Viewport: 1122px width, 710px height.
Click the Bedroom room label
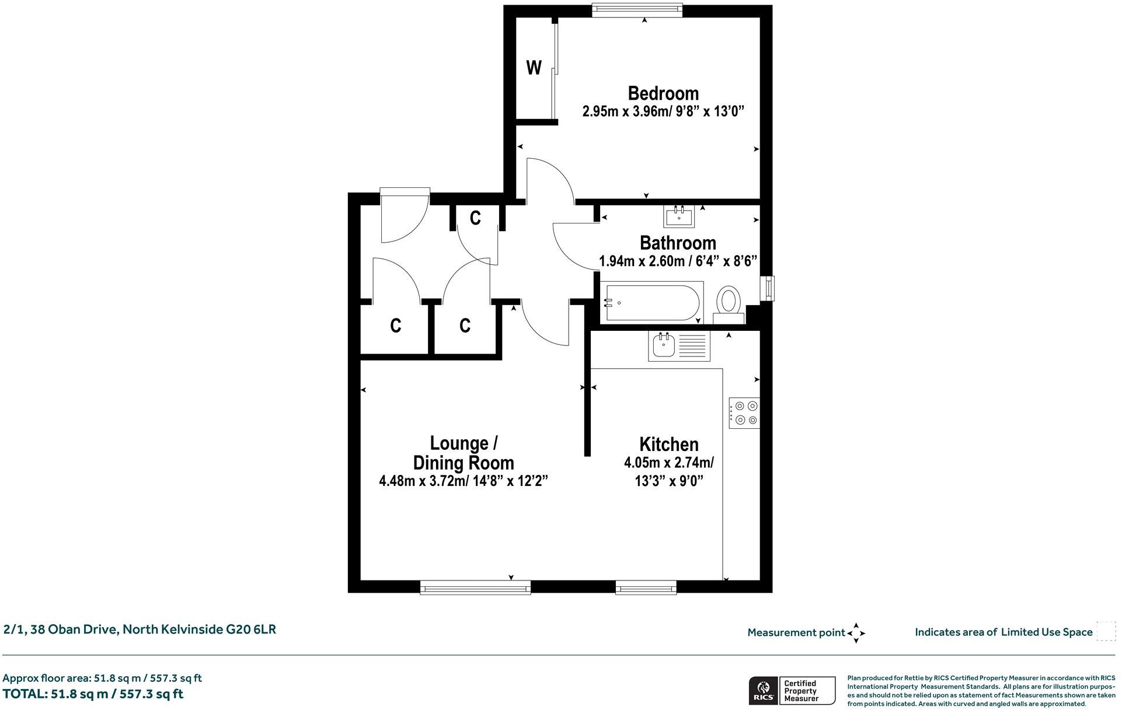(663, 93)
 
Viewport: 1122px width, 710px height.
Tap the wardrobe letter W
(534, 68)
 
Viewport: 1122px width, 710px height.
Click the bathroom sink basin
(679, 217)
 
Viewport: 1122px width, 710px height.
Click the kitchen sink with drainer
(679, 347)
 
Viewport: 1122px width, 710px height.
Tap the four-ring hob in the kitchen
(745, 412)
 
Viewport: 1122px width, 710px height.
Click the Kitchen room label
(669, 445)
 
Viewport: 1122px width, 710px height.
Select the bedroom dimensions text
(663, 111)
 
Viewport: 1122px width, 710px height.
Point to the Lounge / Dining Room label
(464, 453)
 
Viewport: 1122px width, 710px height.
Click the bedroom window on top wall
(637, 9)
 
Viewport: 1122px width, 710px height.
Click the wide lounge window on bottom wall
(475, 587)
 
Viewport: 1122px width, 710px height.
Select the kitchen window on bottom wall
(646, 587)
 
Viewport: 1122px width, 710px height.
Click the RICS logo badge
(762, 691)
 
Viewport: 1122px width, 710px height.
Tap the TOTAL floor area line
(93, 694)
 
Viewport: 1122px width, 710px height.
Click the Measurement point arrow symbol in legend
(856, 632)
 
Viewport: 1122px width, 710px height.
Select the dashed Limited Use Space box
(1106, 632)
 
